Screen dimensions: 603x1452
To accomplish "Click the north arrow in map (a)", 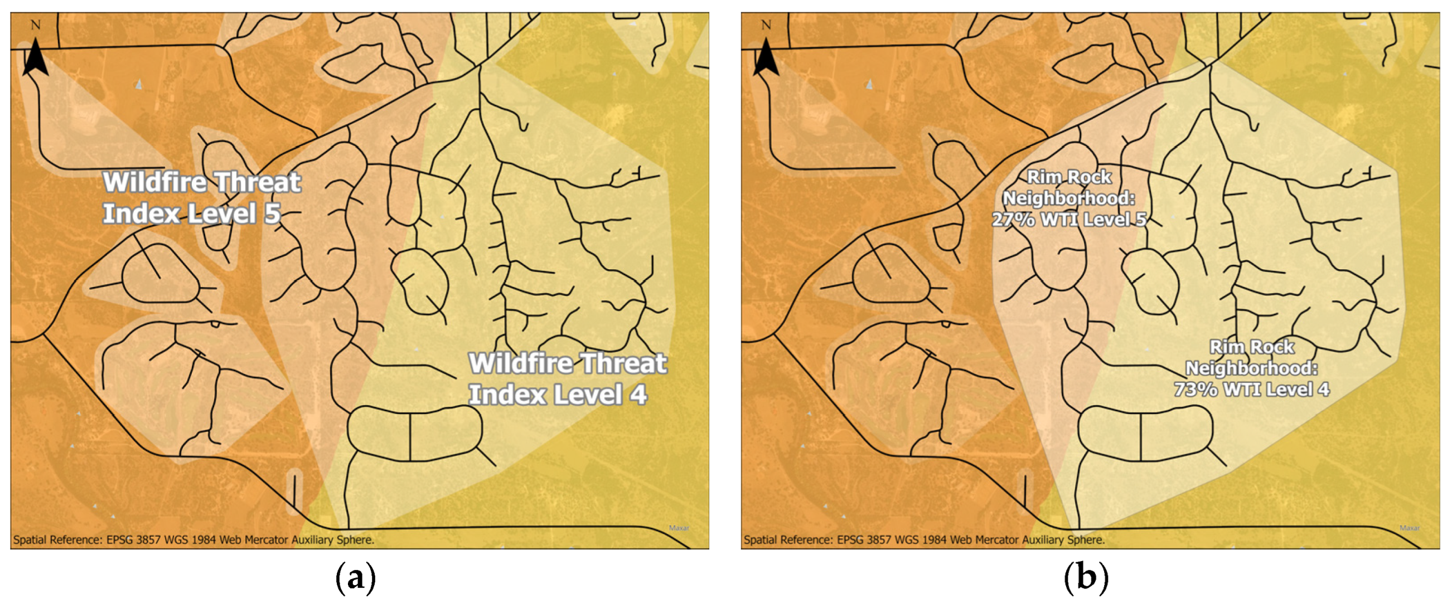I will click(36, 58).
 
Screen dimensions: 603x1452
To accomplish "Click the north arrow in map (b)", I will click(766, 58).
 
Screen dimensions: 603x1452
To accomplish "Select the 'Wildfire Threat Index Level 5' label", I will click(201, 198).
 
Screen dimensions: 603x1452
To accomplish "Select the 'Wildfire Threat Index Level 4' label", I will click(567, 379).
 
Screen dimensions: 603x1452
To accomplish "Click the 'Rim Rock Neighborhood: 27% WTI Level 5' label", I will click(1069, 198).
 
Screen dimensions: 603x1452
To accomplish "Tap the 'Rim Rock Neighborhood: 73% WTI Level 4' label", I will click(1251, 368).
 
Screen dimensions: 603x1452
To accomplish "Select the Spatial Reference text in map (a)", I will click(193, 540).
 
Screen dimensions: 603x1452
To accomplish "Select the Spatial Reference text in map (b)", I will click(924, 540).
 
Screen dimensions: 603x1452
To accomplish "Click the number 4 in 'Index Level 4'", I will click(638, 395).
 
